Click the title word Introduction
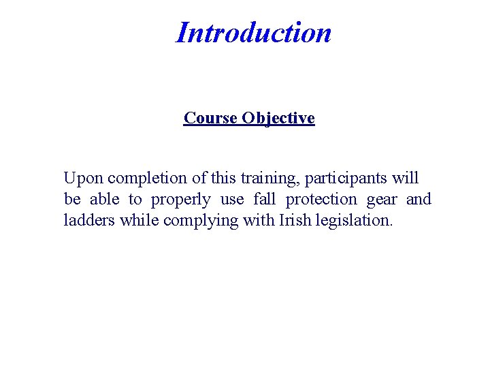253,32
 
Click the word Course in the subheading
210,118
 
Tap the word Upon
83,179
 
